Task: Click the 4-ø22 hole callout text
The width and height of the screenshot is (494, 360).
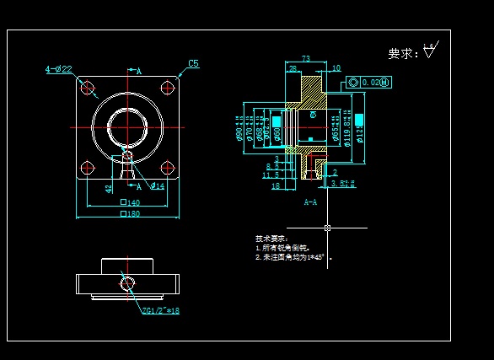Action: click(x=58, y=69)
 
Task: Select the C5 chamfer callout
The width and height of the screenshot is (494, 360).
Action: click(x=193, y=63)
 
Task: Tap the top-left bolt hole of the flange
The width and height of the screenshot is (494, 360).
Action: click(x=85, y=86)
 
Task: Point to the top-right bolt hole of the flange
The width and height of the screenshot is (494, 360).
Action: click(x=170, y=86)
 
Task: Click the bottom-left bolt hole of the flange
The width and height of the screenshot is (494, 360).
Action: click(x=85, y=168)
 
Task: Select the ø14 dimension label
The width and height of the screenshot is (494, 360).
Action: click(x=157, y=186)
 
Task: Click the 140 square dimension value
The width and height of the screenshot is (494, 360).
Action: click(x=130, y=203)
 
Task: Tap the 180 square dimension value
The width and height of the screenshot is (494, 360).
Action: click(x=130, y=214)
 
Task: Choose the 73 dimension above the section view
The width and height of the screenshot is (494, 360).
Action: click(x=305, y=59)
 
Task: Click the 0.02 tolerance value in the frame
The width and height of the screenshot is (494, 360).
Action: click(x=370, y=82)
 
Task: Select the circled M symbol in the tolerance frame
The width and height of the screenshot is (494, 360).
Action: click(x=385, y=82)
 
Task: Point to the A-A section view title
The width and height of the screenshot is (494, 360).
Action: click(x=310, y=202)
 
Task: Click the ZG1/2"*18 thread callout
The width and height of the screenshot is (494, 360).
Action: click(x=161, y=310)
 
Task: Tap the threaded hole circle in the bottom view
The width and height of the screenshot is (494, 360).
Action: click(x=127, y=282)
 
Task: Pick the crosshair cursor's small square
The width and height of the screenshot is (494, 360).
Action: click(x=327, y=227)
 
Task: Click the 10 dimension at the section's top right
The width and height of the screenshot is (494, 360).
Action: click(x=336, y=67)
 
